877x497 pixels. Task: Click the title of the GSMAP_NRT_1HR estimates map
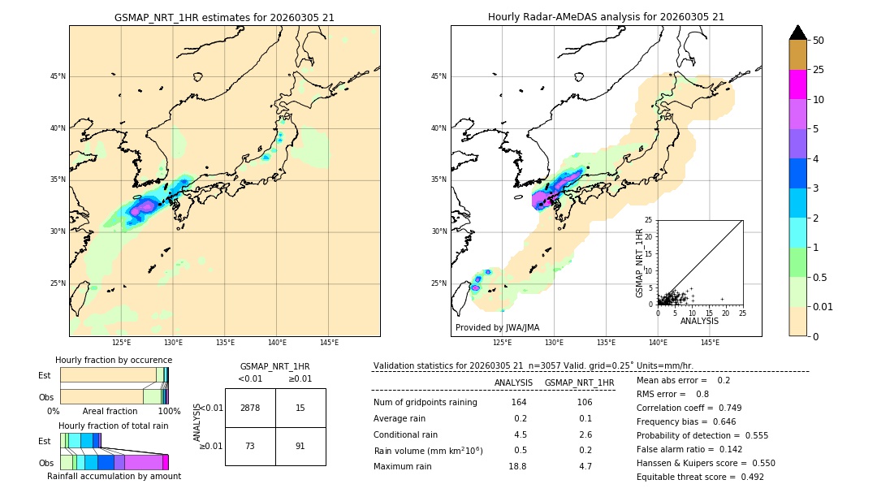click(x=224, y=17)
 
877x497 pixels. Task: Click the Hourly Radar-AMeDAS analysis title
click(x=606, y=17)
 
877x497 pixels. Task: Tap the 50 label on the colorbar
click(x=819, y=41)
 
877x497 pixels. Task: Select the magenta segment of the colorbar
click(x=797, y=84)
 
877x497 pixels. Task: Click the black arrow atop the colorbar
click(x=797, y=32)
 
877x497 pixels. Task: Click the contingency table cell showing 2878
click(x=250, y=408)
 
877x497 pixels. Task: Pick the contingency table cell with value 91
click(x=300, y=446)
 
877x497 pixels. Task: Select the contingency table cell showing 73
click(x=250, y=446)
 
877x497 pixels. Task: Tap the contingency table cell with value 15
click(x=300, y=408)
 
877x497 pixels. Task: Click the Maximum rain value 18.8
click(x=517, y=466)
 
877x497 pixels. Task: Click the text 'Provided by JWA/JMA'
click(x=497, y=327)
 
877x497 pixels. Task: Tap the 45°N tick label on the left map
click(x=58, y=76)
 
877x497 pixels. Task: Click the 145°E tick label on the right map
click(x=710, y=343)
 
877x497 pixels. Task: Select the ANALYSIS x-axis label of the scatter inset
click(x=699, y=321)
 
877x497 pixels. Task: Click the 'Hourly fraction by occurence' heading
click(x=114, y=360)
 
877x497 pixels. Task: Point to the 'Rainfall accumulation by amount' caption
click(x=114, y=476)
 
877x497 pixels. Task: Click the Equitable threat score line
click(x=700, y=477)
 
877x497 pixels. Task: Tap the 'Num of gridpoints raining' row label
click(x=425, y=403)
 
